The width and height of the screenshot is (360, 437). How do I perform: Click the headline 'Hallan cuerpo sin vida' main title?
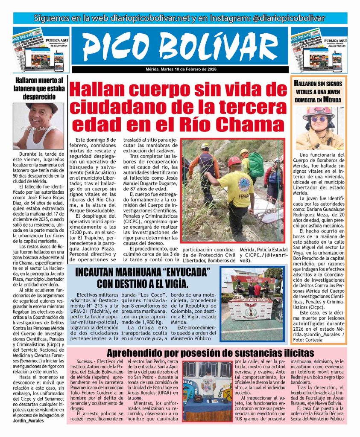click(x=179, y=106)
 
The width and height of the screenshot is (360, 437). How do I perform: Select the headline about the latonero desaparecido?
click(x=38, y=88)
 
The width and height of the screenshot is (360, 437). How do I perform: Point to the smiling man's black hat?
click(x=41, y=108)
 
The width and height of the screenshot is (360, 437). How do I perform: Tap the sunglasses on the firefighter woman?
click(x=319, y=119)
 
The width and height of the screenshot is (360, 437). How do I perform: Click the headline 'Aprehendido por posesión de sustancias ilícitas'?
click(x=210, y=353)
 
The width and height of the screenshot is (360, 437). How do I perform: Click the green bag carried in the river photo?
click(x=256, y=164)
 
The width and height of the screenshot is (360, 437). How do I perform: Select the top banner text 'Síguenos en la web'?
click(x=179, y=18)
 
